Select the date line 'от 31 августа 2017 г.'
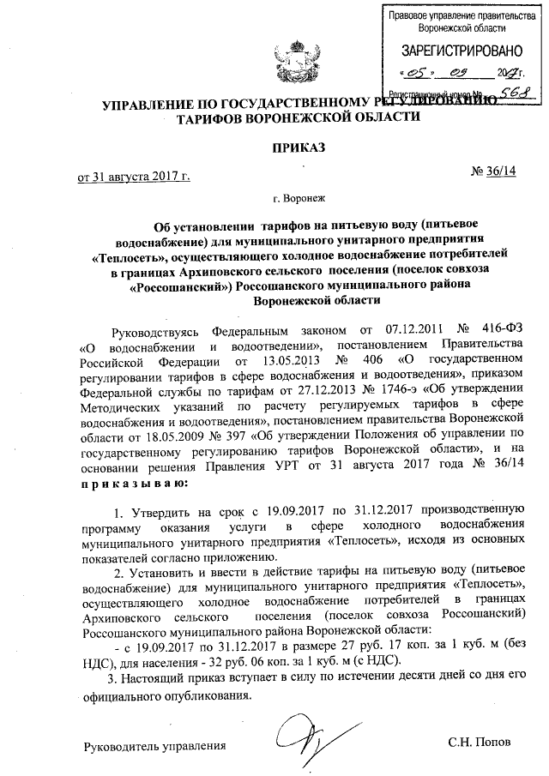pos(134,177)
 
